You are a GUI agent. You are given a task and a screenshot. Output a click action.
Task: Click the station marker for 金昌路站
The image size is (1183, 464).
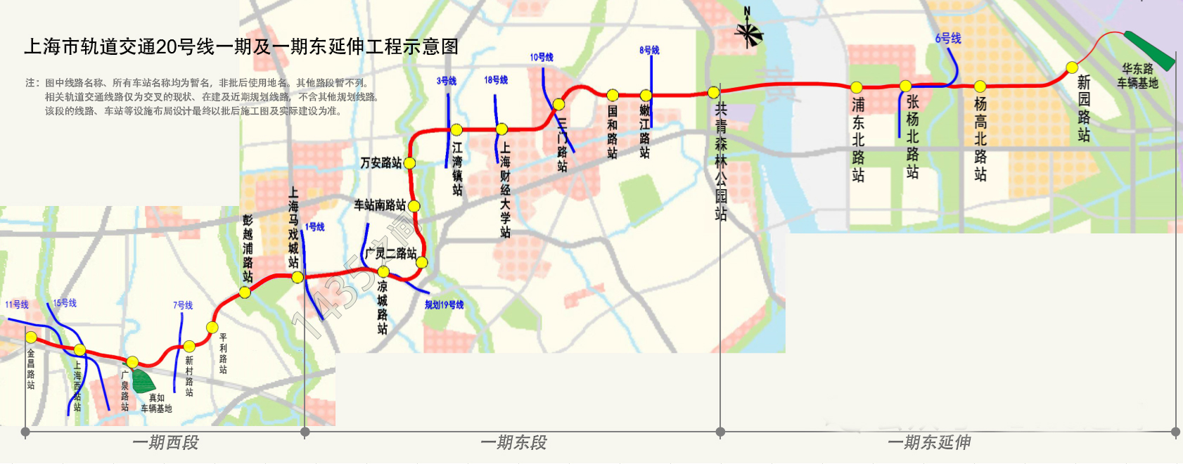click(x=31, y=337)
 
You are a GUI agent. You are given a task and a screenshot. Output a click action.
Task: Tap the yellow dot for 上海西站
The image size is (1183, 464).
click(x=79, y=350)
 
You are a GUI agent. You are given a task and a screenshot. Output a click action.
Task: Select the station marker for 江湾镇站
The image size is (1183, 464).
click(x=456, y=130)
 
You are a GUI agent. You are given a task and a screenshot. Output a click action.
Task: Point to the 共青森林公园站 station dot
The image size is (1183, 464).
click(x=713, y=92)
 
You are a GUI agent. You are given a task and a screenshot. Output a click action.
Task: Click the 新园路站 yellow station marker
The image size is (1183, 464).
click(x=1072, y=67)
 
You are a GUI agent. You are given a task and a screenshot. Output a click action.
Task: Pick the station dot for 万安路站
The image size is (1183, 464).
click(x=409, y=163)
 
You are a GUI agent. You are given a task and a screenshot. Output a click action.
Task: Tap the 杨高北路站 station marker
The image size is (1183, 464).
click(x=980, y=86)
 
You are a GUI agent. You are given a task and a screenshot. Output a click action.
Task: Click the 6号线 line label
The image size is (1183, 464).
click(x=947, y=39)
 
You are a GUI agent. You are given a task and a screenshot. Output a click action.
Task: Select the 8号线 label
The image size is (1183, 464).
click(x=649, y=50)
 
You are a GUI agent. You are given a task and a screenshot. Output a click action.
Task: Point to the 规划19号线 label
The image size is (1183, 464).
click(x=444, y=305)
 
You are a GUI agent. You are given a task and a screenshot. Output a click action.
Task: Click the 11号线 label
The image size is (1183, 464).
click(x=17, y=304)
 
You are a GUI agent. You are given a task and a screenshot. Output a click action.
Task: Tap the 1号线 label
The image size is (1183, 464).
click(x=314, y=227)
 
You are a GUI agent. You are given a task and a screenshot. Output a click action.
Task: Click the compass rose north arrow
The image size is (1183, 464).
click(x=748, y=32)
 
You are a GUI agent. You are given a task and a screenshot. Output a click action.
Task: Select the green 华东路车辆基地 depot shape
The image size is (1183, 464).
click(x=1149, y=51)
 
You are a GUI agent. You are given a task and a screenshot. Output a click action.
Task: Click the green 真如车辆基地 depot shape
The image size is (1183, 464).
click(x=143, y=380)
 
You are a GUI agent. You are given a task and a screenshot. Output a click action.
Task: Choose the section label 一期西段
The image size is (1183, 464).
click(x=165, y=443)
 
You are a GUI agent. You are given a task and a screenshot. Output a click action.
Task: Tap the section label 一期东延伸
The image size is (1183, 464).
click(x=929, y=443)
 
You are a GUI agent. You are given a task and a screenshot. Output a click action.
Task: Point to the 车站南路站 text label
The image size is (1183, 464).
click(x=379, y=205)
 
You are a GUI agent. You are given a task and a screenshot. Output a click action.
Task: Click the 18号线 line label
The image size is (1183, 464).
click(x=495, y=80)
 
